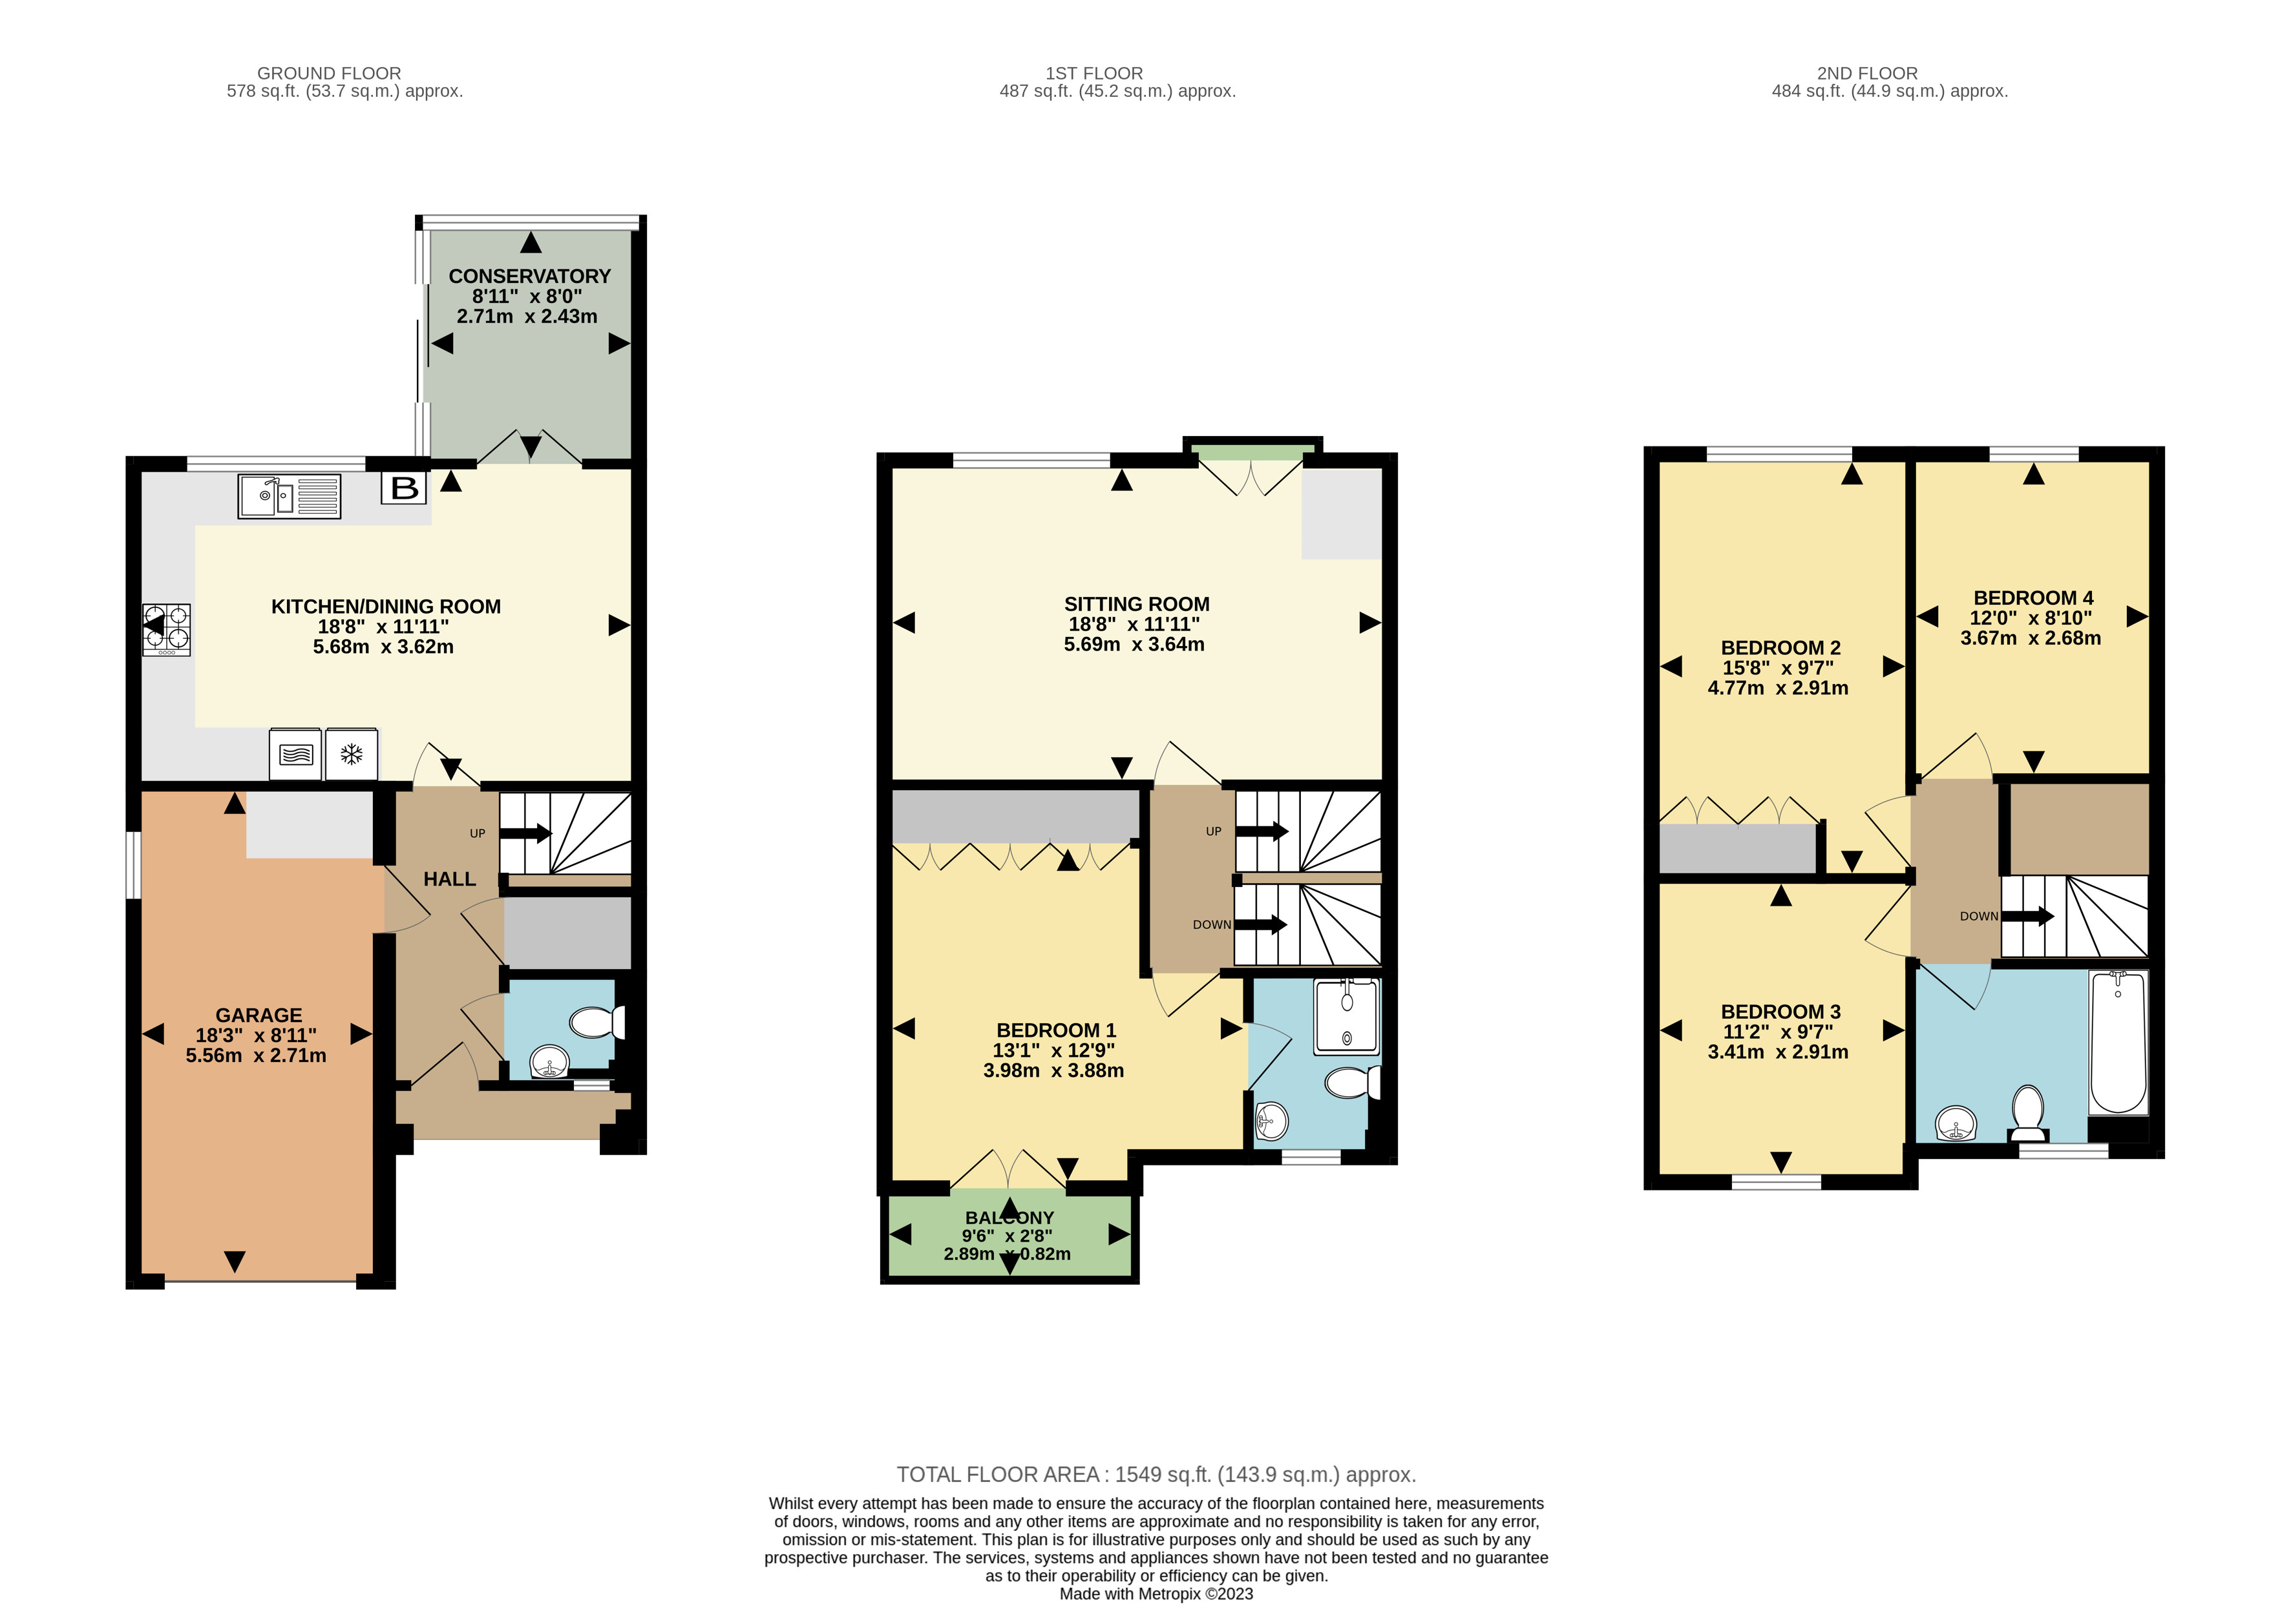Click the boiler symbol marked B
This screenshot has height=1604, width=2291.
[404, 488]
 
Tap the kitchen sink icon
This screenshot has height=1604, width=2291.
[288, 495]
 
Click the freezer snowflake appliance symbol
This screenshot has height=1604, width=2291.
[351, 754]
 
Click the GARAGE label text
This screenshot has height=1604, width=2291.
[259, 1014]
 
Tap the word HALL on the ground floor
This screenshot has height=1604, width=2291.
[449, 879]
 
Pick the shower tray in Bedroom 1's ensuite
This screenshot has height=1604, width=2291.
[1346, 1016]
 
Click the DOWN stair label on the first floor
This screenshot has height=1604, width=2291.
[1211, 924]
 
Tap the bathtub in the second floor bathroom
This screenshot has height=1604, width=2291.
[2117, 1043]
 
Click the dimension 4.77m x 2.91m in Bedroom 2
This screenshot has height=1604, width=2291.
[1777, 688]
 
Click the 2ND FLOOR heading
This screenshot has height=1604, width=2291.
[1867, 73]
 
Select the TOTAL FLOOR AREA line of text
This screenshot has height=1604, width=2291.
[1156, 1474]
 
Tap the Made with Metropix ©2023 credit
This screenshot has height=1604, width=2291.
[1156, 1593]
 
